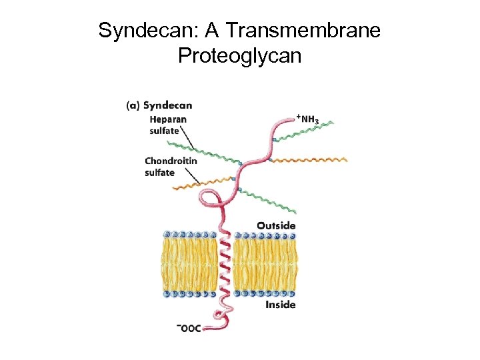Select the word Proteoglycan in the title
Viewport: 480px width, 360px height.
coord(239,56)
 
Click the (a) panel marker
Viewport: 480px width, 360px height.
coord(133,105)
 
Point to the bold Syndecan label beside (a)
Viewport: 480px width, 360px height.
coord(167,105)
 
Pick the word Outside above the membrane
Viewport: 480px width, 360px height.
coord(276,225)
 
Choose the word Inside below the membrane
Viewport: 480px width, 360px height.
coord(280,305)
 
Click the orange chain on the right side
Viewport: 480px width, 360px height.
coord(310,160)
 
